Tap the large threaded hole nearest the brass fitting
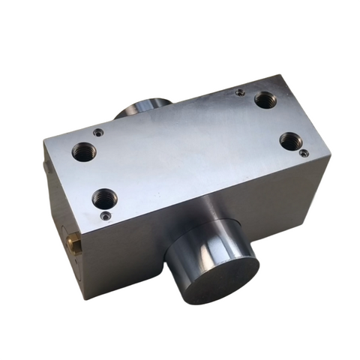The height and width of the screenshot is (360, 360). coord(104,199)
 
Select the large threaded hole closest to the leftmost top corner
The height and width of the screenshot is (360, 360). coord(83,152)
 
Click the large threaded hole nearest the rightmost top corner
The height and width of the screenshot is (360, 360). coord(290,140)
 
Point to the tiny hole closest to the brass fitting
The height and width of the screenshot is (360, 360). coord(106,216)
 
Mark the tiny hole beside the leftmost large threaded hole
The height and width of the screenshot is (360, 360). coord(98,132)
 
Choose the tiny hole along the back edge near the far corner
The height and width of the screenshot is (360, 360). coord(240,93)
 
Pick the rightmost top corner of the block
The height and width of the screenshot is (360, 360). coord(329,159)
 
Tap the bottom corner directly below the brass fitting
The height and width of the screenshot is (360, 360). coord(85,298)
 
